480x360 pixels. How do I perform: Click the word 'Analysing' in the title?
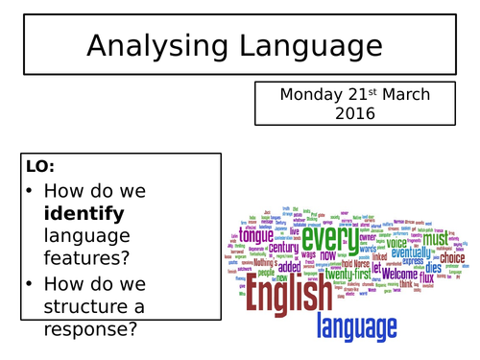[153, 46]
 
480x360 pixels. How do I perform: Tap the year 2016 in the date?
[355, 113]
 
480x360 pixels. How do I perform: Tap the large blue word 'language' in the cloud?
[357, 327]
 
